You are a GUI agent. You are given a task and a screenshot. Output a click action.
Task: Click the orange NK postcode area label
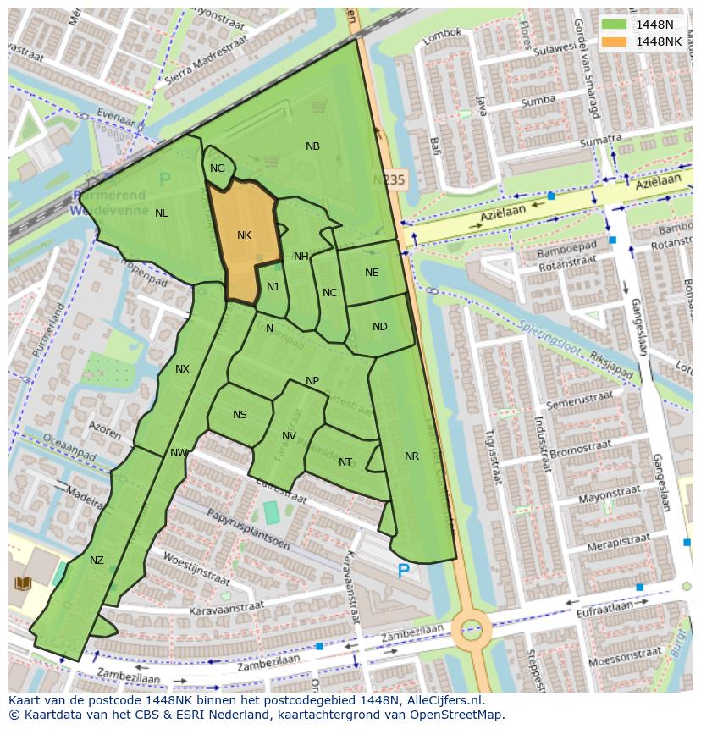click(x=244, y=235)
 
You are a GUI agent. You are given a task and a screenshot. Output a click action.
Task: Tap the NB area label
click(x=312, y=146)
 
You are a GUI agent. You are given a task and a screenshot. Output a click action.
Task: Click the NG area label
click(x=218, y=168)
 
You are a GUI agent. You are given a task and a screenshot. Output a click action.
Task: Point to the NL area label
click(x=161, y=213)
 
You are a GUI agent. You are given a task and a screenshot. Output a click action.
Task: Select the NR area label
click(x=411, y=456)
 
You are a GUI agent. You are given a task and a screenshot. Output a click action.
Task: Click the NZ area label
click(x=97, y=561)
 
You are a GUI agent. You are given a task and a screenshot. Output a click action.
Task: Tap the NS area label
click(x=240, y=415)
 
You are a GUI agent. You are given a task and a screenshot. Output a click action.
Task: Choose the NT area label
click(x=345, y=462)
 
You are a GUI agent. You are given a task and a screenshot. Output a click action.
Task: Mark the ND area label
click(x=379, y=327)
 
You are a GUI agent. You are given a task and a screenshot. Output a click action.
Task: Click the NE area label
click(x=372, y=273)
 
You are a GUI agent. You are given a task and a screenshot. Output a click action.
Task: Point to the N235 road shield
click(x=389, y=180)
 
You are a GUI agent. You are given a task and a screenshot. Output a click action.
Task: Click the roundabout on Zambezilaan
click(x=471, y=629)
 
